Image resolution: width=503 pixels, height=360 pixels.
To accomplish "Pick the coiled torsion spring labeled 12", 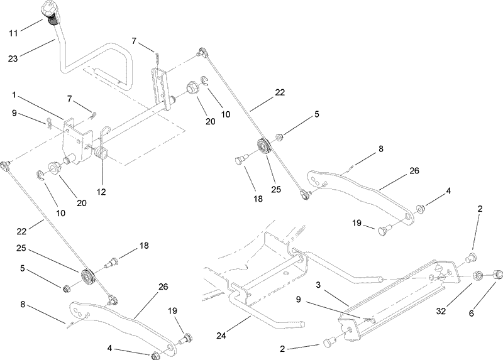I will pos(101,154).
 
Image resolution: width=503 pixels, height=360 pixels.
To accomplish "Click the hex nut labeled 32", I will pos(477,275).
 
